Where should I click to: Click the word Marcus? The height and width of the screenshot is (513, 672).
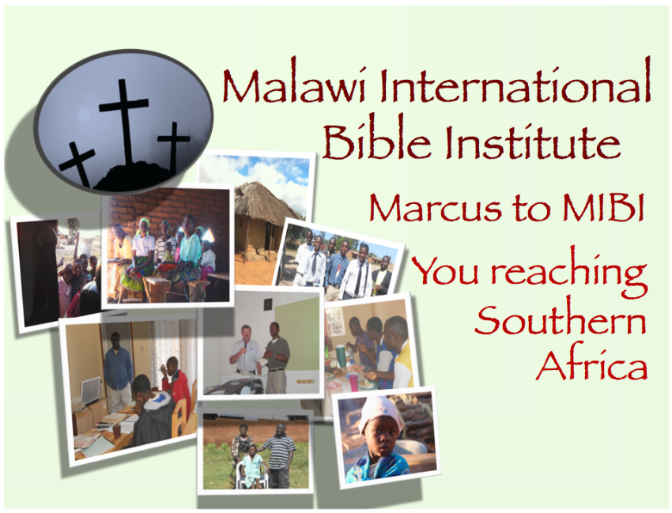436,208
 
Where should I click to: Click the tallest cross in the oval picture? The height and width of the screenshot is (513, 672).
124,123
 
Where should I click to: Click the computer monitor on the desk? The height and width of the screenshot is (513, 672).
90,390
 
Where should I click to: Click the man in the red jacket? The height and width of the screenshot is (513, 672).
176,383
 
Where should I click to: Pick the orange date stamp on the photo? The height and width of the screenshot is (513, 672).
306,380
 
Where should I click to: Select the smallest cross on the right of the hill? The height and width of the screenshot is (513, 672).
174,145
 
